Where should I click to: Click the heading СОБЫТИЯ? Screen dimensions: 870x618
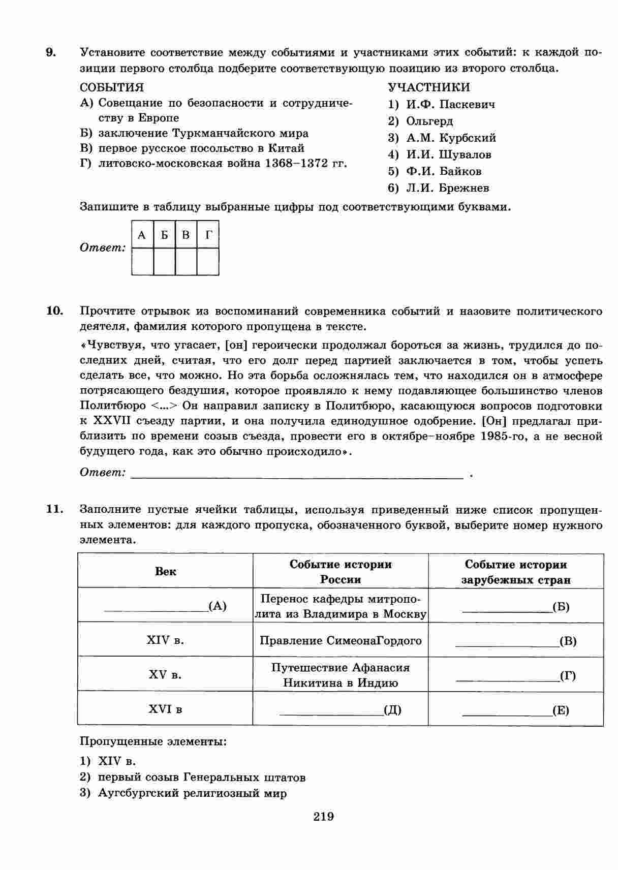click(112, 87)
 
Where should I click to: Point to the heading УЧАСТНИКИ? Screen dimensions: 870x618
click(429, 87)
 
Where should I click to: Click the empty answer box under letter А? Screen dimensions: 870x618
click(142, 261)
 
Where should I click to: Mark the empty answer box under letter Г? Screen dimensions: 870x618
click(208, 261)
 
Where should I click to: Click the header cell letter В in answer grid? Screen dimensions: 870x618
click(186, 235)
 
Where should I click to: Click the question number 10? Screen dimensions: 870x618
click(54, 311)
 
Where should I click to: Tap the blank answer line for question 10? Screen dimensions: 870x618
click(297, 474)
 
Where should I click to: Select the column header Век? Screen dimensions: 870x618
click(165, 571)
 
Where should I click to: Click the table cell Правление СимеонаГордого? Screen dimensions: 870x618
click(341, 641)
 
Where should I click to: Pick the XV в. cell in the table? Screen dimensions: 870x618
click(165, 675)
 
